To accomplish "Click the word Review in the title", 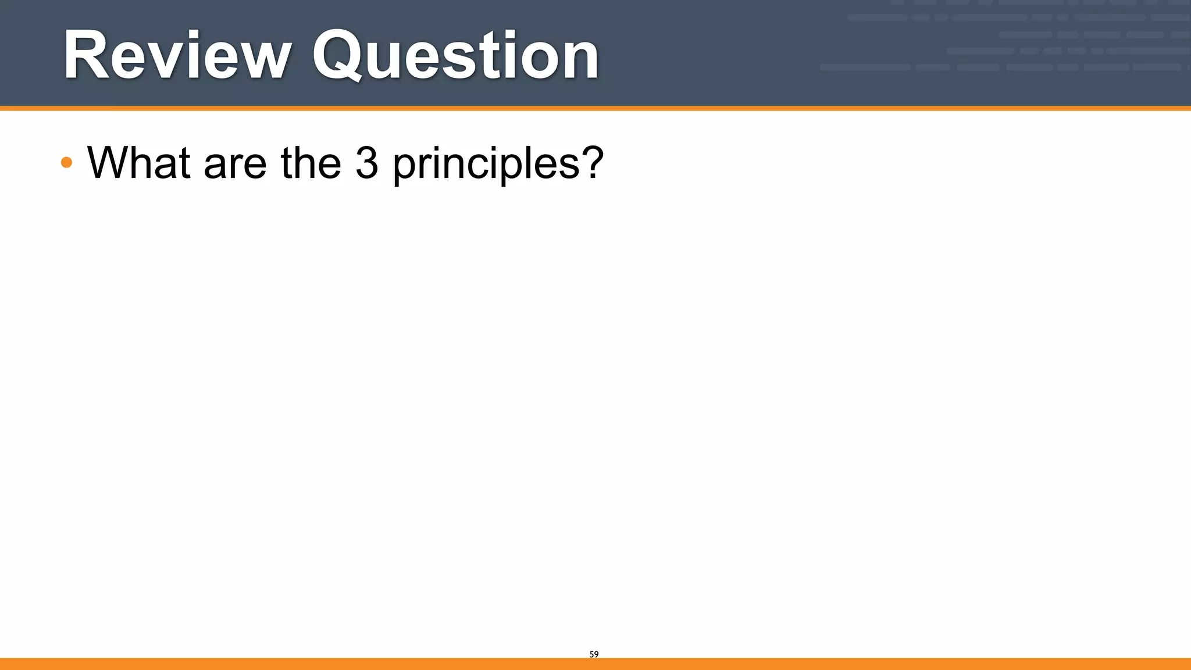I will click(177, 55).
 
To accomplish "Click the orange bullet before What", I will click(66, 162).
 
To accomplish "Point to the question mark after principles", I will click(592, 162).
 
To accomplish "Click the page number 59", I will click(594, 654).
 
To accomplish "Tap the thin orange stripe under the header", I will click(595, 108).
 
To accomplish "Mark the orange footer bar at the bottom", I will click(595, 664).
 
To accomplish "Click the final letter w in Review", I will click(262, 60).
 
